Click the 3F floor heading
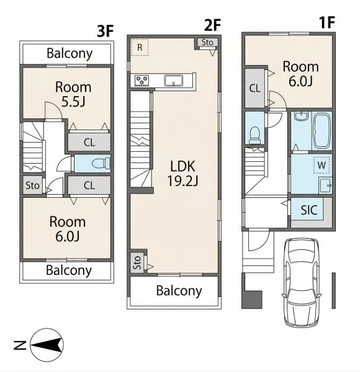click(106, 31)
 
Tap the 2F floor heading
click(212, 25)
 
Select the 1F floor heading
click(327, 22)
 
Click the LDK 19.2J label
click(182, 174)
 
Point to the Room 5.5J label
click(73, 94)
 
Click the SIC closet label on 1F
click(309, 210)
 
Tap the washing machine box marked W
click(322, 165)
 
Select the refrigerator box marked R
click(140, 48)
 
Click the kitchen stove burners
click(142, 80)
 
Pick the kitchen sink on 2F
click(174, 81)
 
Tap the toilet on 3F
click(101, 163)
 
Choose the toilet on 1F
click(254, 135)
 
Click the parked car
click(302, 282)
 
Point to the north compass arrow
click(47, 345)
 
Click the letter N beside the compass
click(20, 345)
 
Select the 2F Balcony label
click(179, 291)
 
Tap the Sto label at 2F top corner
click(207, 42)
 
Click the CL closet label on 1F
click(255, 89)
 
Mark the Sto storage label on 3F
click(32, 185)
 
